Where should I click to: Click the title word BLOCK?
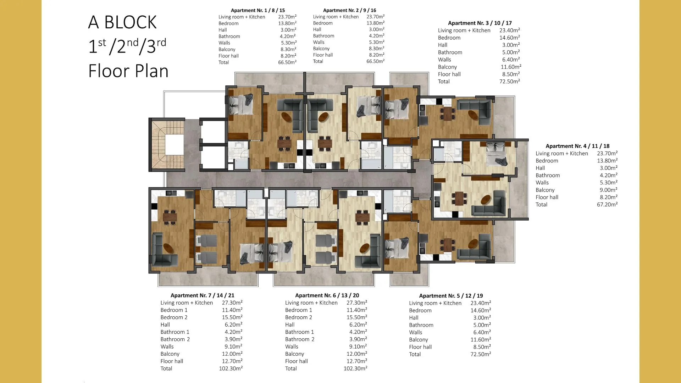click(130, 22)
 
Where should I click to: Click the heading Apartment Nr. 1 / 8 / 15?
click(258, 10)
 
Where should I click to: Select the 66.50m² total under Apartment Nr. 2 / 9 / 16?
click(375, 61)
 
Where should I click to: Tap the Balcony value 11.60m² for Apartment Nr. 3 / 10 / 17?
click(511, 67)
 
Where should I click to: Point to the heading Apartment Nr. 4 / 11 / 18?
click(577, 146)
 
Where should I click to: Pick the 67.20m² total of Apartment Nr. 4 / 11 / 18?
click(607, 204)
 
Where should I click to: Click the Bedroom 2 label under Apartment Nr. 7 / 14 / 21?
click(174, 317)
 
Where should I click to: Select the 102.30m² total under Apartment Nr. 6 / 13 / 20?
click(355, 368)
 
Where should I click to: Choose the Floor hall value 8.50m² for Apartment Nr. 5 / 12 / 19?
click(482, 347)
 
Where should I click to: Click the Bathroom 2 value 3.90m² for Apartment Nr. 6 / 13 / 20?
click(358, 339)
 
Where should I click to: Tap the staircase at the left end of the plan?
click(167, 145)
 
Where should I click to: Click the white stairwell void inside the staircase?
click(174, 145)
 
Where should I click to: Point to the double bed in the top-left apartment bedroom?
click(241, 104)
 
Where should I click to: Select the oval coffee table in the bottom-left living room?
click(168, 248)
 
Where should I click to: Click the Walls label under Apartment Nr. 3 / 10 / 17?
click(444, 60)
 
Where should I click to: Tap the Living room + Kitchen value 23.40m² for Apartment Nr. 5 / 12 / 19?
click(481, 303)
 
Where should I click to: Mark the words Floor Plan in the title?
click(128, 71)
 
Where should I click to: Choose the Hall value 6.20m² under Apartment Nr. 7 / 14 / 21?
click(233, 324)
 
